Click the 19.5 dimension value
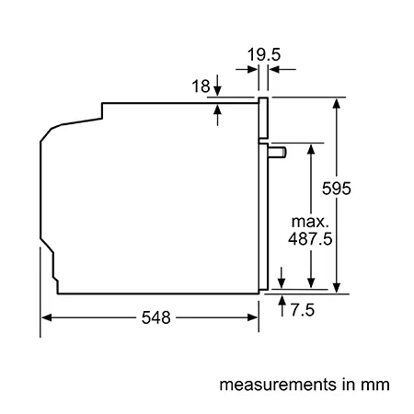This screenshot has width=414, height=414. tap(264, 55)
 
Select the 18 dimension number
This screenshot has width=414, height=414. tap(201, 86)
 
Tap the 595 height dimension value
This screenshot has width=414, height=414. tap(337, 189)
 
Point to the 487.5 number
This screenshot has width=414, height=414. tap(310, 238)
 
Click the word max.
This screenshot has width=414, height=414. tap(310, 222)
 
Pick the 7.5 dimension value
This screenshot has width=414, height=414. tap(303, 310)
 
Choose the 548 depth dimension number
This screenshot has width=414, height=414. tap(155, 317)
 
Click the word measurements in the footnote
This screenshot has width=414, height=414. tap(278, 385)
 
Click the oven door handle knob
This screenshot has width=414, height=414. tap(278, 153)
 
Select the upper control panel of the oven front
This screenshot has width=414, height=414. tap(263, 118)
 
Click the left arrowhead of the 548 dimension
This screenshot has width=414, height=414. tap(46, 317)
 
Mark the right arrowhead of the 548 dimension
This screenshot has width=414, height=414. tap(252, 317)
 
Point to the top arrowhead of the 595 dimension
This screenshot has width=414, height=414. tap(337, 103)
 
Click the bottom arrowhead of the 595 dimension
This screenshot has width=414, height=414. tap(337, 288)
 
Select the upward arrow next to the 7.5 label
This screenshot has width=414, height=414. tap(282, 305)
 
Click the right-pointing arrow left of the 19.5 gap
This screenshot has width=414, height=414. tap(247, 70)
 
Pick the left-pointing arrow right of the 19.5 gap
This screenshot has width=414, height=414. tap(282, 70)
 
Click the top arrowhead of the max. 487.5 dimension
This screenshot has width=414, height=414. tap(311, 149)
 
